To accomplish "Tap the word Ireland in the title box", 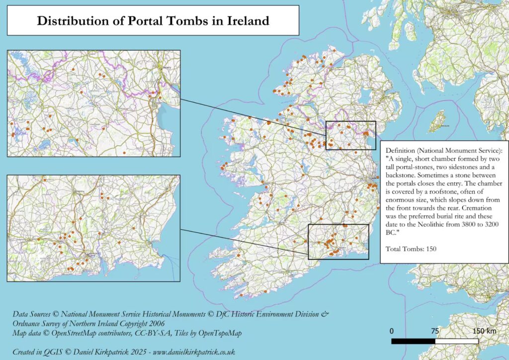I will (x=246, y=21).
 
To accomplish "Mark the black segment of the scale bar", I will (x=413, y=342).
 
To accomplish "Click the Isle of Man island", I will (x=438, y=119).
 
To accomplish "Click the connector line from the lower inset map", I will (x=244, y=242).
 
